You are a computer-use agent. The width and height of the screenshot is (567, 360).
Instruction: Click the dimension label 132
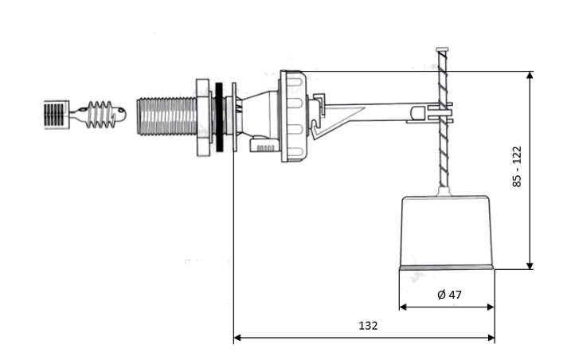click(368, 326)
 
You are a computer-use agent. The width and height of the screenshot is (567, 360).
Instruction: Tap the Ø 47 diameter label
click(449, 295)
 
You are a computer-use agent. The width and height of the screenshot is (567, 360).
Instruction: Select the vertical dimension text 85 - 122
click(517, 166)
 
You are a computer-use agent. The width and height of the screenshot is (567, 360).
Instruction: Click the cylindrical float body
click(446, 232)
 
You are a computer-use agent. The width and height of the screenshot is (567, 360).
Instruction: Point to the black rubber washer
click(219, 117)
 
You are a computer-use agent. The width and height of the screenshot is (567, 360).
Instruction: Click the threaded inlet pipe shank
click(167, 116)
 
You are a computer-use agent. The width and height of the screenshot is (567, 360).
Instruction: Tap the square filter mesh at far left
click(57, 115)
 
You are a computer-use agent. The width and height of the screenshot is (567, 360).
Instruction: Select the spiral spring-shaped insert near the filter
click(101, 115)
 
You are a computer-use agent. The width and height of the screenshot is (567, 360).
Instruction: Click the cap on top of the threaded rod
click(442, 49)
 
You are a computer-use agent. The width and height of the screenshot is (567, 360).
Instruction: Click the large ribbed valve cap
click(294, 116)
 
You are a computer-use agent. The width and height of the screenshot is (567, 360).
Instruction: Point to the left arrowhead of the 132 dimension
click(237, 338)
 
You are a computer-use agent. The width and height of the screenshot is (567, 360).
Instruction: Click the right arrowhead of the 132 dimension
click(491, 338)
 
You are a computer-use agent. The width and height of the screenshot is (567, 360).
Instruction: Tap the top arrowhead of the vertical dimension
click(530, 75)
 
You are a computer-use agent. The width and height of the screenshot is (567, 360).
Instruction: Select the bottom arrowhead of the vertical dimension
click(530, 266)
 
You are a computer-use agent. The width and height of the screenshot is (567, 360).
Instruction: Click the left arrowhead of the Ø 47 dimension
click(403, 307)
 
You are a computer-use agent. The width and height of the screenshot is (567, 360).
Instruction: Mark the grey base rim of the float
click(446, 268)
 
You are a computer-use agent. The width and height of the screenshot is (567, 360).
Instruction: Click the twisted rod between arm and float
click(443, 119)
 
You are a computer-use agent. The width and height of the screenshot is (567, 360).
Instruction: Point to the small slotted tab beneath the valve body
click(264, 145)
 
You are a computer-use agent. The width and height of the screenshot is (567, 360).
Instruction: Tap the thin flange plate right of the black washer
click(234, 117)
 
